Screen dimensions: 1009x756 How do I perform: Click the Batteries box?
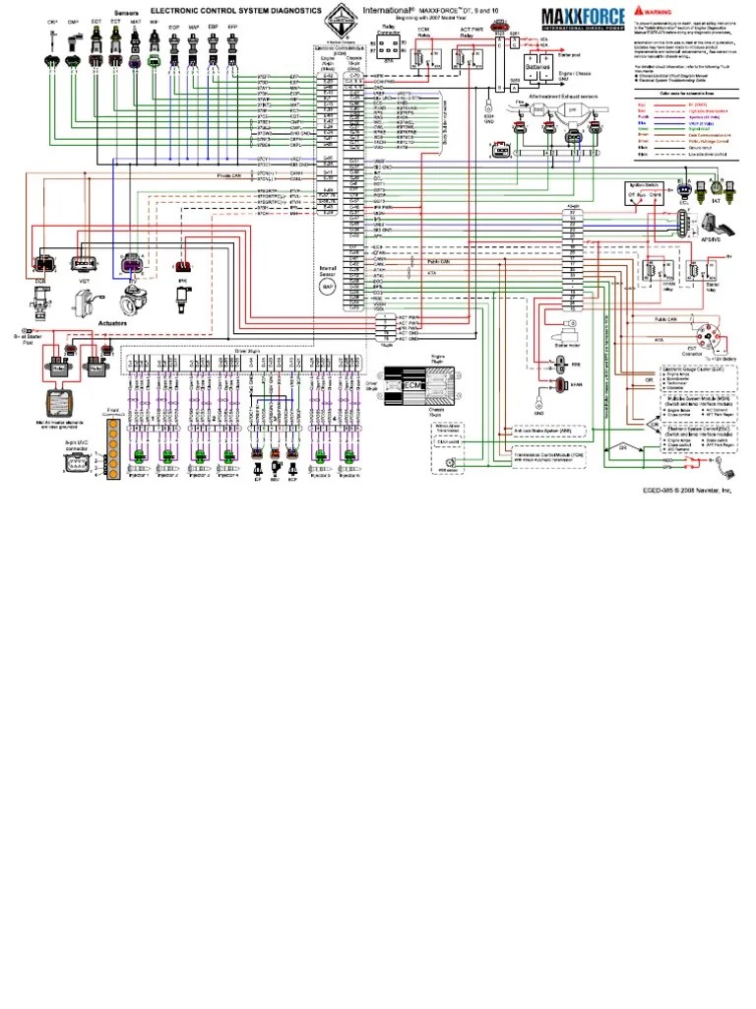(538, 70)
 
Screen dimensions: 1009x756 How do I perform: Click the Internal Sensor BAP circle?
(328, 285)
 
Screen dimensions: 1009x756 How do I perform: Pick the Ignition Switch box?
(642, 194)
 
